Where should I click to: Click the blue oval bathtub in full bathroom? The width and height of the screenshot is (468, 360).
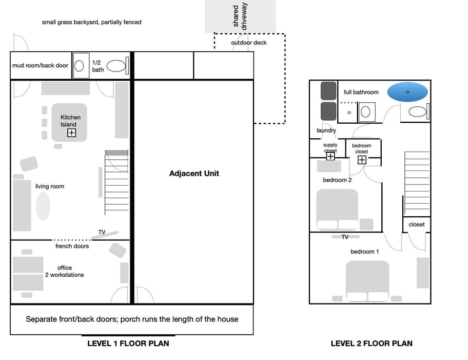(408, 92)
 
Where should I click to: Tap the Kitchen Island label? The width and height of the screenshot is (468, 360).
(71, 121)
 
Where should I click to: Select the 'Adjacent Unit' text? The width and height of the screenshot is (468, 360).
(194, 173)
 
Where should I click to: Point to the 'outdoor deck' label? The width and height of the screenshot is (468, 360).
(249, 43)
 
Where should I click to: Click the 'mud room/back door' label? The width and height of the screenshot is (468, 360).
(40, 65)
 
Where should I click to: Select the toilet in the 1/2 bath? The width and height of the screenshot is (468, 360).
(116, 66)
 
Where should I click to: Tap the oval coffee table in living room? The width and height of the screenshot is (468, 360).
(43, 206)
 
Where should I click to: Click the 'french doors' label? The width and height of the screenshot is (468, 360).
(72, 246)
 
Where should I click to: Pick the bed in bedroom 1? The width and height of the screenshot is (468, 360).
(368, 281)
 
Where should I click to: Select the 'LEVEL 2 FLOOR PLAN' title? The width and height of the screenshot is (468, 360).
(371, 343)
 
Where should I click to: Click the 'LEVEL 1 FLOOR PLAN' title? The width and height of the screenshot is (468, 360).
(128, 343)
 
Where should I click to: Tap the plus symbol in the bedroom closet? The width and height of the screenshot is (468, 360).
(362, 160)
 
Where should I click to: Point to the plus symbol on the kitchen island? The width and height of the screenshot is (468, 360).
(72, 133)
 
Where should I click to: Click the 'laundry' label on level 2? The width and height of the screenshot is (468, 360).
(326, 131)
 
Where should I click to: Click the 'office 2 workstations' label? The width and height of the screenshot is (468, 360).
(64, 271)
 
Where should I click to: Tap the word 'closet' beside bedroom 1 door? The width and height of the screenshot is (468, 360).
(417, 225)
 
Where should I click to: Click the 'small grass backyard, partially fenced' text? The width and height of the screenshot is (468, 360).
(92, 22)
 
